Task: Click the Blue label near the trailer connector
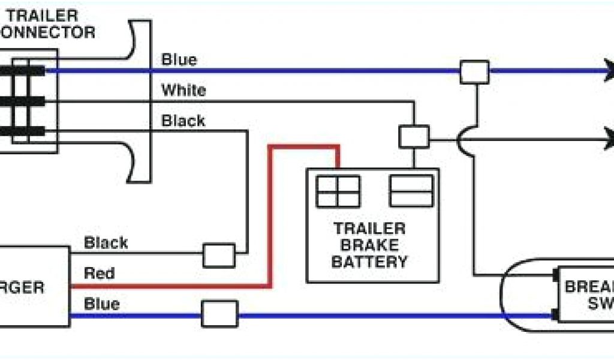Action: click(179, 60)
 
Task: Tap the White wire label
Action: click(183, 91)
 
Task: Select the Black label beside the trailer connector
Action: click(183, 121)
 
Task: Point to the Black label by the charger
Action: click(106, 243)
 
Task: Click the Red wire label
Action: click(99, 274)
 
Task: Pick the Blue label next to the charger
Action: click(101, 304)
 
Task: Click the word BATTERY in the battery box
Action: click(369, 262)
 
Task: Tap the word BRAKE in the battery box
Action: click(369, 245)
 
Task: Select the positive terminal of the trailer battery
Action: click(338, 191)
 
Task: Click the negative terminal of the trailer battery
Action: click(411, 191)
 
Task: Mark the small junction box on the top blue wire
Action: click(474, 72)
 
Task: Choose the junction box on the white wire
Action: click(414, 136)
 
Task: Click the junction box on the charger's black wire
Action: click(219, 255)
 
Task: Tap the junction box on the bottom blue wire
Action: click(219, 314)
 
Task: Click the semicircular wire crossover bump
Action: click(462, 141)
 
